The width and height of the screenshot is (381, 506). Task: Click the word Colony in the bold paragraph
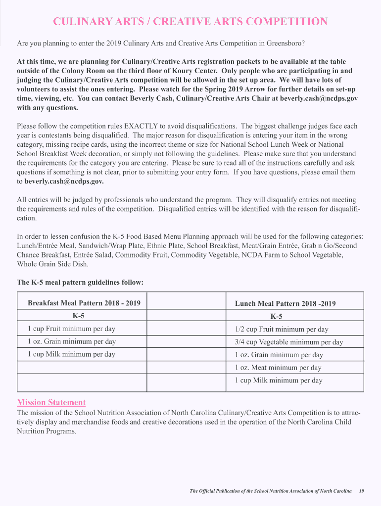coord(72,70)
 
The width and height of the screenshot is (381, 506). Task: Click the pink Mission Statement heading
coord(51,402)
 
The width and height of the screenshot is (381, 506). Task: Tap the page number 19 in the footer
coord(362,491)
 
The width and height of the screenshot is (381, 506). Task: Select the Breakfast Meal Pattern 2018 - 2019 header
coord(84,303)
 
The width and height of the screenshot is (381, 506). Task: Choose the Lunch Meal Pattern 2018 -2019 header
coord(285,303)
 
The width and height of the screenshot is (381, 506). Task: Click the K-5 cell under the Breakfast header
coord(78,316)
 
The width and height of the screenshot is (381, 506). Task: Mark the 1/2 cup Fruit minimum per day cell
coord(281,329)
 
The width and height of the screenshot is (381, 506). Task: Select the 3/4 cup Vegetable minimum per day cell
coord(288,342)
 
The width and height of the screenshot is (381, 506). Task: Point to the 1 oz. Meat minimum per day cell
coord(278,368)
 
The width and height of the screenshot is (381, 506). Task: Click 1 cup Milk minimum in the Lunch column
coord(278,380)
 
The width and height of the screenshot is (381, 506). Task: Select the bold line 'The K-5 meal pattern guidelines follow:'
coord(80,283)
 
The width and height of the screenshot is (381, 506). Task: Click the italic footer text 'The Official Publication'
coord(218,491)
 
